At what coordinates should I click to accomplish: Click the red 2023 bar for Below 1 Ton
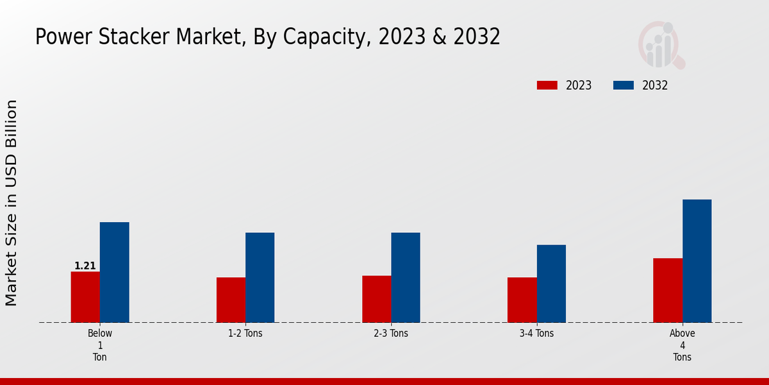click(85, 297)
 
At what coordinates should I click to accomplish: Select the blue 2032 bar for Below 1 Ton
click(114, 272)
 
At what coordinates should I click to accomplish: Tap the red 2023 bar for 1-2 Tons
click(231, 300)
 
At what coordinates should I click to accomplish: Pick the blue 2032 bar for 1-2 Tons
click(260, 277)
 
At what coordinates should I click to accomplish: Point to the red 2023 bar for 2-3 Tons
click(376, 299)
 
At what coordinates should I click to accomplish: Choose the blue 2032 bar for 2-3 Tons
click(406, 277)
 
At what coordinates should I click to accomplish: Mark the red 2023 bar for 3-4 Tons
click(522, 300)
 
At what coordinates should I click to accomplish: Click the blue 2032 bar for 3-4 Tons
click(551, 284)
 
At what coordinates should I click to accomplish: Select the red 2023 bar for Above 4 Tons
click(668, 290)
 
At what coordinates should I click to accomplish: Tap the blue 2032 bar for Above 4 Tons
click(697, 261)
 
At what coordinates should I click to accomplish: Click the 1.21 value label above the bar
click(85, 266)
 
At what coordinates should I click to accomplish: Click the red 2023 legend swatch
click(547, 85)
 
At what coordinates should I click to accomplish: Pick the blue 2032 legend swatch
click(624, 85)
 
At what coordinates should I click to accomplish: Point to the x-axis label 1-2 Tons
click(245, 334)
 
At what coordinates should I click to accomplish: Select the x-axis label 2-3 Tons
click(391, 334)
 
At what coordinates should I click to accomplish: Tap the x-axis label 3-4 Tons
click(536, 334)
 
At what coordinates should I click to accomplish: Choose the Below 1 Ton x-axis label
click(100, 345)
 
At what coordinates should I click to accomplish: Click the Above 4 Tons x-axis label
click(682, 345)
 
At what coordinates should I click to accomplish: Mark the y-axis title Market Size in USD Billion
click(12, 203)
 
